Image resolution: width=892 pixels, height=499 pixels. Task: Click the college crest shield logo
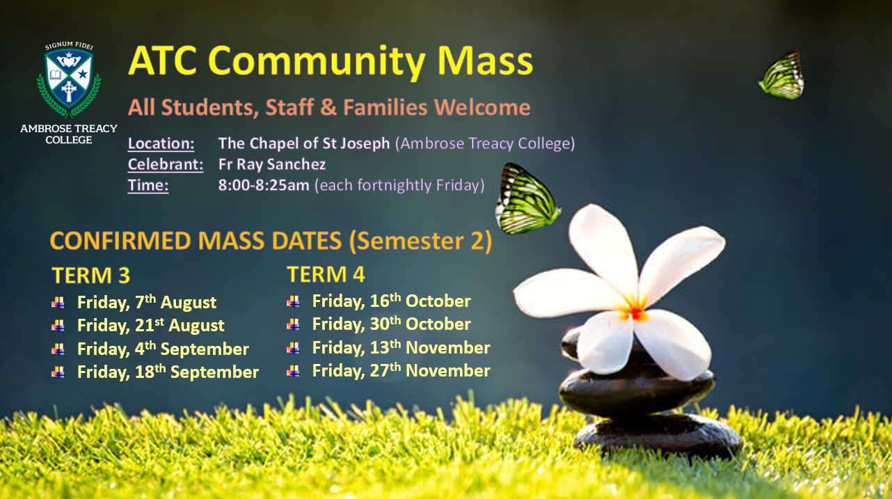68,79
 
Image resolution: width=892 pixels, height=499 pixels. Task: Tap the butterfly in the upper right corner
781,76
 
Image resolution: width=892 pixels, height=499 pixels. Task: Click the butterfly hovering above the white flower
527,198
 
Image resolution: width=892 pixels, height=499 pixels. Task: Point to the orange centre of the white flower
636,313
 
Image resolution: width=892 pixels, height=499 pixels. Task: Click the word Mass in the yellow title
485,61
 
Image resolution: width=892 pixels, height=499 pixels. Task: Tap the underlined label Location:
161,143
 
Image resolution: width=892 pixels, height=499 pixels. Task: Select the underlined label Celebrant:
166,164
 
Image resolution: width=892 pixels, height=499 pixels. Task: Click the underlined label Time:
148,186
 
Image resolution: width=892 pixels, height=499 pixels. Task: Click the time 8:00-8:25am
264,185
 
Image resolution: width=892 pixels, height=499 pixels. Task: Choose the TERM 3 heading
90,275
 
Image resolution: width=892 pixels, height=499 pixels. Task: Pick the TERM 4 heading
326,274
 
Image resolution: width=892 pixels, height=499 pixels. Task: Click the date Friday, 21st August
150,325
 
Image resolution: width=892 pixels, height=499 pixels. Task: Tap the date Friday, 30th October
392,324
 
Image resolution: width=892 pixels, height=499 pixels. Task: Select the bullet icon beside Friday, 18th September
58,372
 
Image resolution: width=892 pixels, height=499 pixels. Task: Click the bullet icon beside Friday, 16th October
293,301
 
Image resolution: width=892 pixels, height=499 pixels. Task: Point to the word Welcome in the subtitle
482,107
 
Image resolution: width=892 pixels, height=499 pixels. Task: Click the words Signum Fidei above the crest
69,45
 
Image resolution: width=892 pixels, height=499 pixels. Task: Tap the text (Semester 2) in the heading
420,241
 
